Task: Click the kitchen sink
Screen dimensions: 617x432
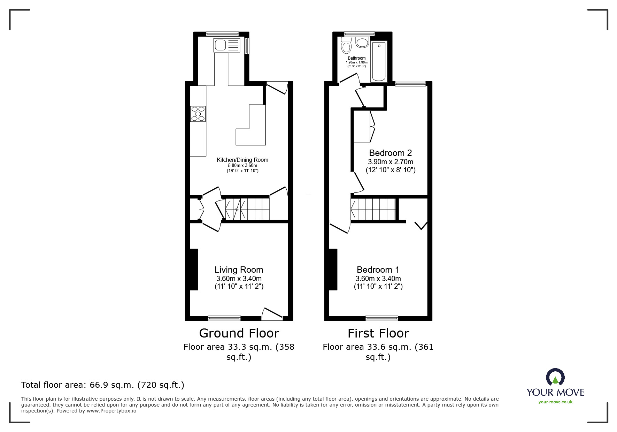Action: (x=227, y=45)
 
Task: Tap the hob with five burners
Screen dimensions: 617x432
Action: (x=198, y=114)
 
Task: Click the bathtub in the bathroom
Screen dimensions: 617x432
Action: (x=379, y=61)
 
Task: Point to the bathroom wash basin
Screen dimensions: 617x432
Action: (x=362, y=43)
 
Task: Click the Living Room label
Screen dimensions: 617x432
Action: (x=239, y=270)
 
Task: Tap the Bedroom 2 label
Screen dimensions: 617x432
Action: (x=390, y=153)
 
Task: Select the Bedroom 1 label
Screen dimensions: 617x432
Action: (x=378, y=270)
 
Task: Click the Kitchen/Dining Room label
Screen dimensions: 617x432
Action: (x=242, y=160)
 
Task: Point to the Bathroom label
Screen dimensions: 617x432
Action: (x=357, y=58)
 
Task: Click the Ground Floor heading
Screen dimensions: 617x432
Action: (x=239, y=333)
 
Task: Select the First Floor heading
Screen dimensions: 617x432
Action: (x=378, y=333)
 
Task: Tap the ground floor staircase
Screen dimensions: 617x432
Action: (x=247, y=209)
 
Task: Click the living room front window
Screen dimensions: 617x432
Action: (x=224, y=318)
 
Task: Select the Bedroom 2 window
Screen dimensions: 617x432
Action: (x=410, y=83)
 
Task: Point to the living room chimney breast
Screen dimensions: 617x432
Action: (x=194, y=269)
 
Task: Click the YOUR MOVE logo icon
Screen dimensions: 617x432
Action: (x=555, y=377)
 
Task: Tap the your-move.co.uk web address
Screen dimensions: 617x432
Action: (x=555, y=402)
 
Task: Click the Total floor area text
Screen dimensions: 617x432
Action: (x=103, y=385)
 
